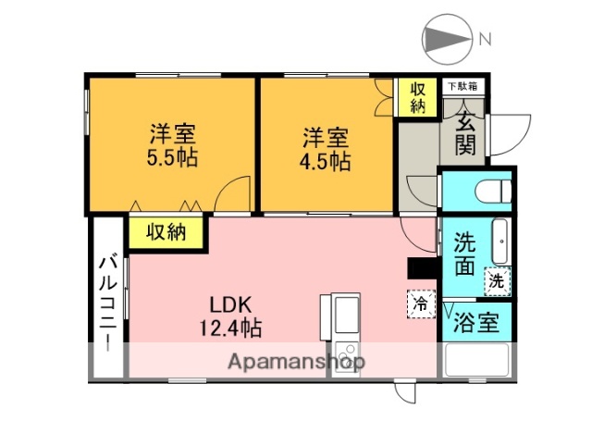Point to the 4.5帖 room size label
(x=326, y=161)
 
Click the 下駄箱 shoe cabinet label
(x=463, y=86)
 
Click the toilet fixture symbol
(x=491, y=191)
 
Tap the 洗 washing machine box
(x=498, y=279)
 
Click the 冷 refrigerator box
(x=421, y=303)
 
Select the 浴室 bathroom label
(x=477, y=323)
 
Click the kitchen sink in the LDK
(x=341, y=315)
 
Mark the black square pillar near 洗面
(x=422, y=266)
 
